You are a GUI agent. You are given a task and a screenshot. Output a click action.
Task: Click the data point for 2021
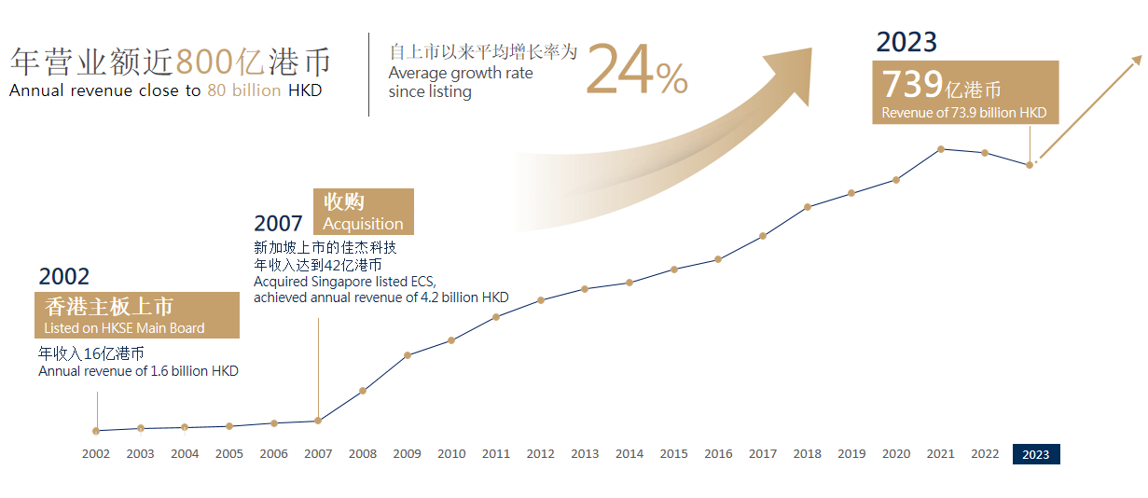(x=941, y=149)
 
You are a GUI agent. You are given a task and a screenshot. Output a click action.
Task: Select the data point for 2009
(x=408, y=355)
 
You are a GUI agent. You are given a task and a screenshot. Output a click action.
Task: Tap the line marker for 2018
(x=808, y=207)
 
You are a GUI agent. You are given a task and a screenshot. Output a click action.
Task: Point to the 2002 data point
(x=96, y=431)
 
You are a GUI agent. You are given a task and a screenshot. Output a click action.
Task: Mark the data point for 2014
(x=630, y=283)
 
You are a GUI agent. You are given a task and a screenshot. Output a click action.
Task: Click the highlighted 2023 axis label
(x=1036, y=455)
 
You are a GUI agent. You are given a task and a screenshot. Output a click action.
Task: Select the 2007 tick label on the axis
(x=318, y=454)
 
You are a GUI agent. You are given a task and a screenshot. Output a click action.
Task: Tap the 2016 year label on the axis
(x=718, y=454)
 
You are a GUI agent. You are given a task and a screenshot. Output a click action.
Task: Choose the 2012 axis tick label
(x=541, y=454)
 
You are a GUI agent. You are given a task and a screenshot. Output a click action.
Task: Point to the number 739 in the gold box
(x=912, y=85)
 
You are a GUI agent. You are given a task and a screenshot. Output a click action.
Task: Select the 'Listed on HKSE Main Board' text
(x=124, y=328)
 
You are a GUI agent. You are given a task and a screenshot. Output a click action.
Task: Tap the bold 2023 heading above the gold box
(x=906, y=42)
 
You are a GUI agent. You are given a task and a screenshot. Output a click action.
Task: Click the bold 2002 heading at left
(x=64, y=276)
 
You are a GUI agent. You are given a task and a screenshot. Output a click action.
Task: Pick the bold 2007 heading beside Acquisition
(x=278, y=223)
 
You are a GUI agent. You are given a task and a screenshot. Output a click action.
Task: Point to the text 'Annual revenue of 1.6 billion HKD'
(x=138, y=371)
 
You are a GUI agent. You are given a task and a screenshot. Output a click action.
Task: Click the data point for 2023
(x=1030, y=165)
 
